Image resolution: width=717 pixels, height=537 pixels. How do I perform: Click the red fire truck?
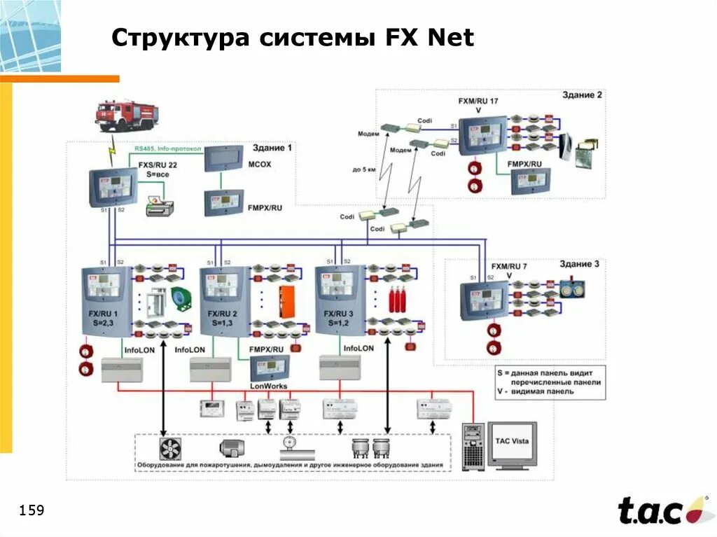point(126,116)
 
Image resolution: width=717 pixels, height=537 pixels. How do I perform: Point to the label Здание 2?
point(580,95)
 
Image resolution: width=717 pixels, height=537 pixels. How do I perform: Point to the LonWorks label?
point(268,386)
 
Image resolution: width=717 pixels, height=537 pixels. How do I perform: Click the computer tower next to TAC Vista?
point(473,446)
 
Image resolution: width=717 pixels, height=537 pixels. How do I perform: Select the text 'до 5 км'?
point(363,169)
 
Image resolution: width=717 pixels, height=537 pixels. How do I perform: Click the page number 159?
point(32,510)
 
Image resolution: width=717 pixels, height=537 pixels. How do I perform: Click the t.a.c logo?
point(658,510)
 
